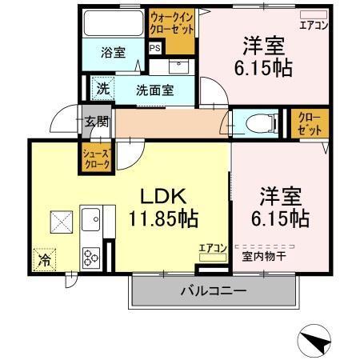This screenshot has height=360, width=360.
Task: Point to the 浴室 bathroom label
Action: [113, 53]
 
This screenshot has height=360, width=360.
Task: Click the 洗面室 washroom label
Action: [154, 90]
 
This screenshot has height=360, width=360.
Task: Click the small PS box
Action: [154, 48]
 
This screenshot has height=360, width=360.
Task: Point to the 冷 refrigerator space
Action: [45, 260]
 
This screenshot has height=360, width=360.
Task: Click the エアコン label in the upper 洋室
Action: [314, 25]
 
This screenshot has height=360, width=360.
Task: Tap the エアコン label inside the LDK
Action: [214, 248]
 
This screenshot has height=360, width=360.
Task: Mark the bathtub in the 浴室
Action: [113, 21]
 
